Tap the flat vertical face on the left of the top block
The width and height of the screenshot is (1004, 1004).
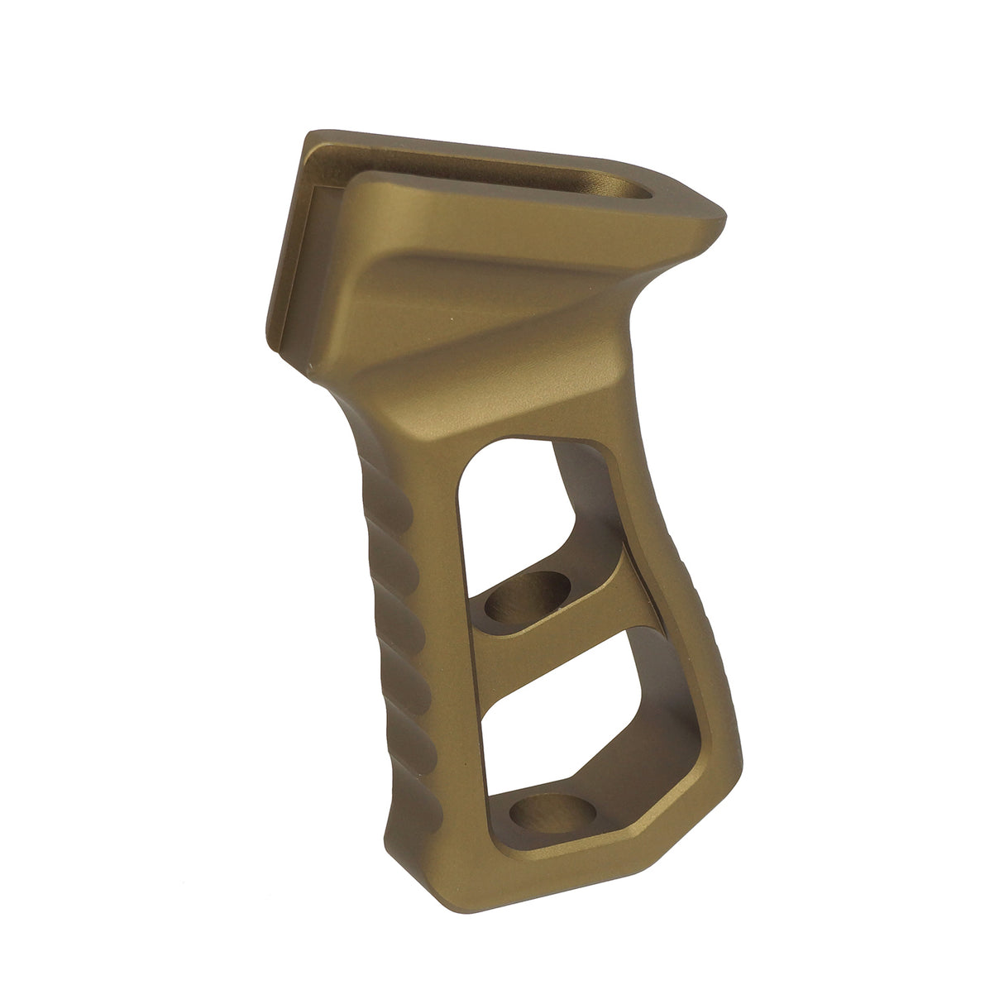[x=286, y=248]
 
